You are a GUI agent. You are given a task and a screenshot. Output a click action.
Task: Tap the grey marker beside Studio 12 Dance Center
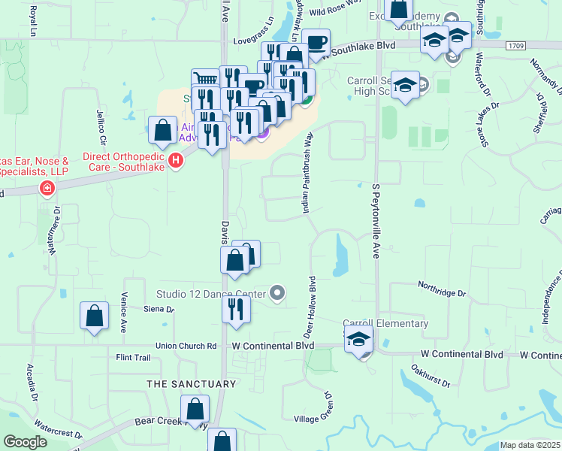click(x=277, y=294)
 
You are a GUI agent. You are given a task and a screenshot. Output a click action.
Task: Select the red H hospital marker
click(x=176, y=160)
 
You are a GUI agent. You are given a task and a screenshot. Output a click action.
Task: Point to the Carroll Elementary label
click(x=385, y=324)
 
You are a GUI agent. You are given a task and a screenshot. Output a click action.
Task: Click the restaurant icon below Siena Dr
click(x=237, y=309)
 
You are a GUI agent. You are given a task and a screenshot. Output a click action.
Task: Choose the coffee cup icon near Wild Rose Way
click(x=316, y=42)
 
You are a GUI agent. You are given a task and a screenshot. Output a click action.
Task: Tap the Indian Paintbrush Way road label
click(x=307, y=174)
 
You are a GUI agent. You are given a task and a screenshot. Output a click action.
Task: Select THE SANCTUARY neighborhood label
click(x=192, y=384)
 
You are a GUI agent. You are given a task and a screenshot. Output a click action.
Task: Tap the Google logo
click(x=25, y=442)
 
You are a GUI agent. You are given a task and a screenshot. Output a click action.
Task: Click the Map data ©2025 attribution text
click(x=530, y=446)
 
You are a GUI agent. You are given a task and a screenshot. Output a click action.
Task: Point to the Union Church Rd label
click(x=186, y=346)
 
